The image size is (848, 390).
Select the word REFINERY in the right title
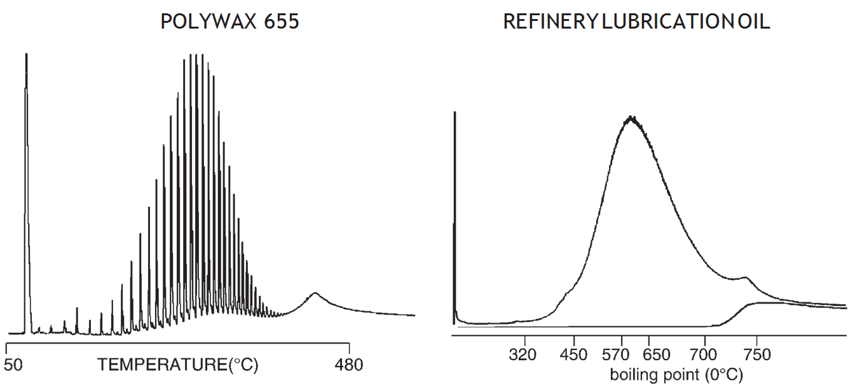[x=550, y=22]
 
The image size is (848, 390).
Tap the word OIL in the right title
[x=755, y=22]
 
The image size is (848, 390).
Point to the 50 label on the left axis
[x=13, y=365]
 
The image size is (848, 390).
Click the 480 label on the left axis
[x=348, y=365]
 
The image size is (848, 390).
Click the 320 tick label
[x=523, y=354]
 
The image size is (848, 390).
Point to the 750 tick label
[x=756, y=354]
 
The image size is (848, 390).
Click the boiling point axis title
[x=676, y=374]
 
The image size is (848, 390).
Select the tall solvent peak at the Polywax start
[x=26, y=57]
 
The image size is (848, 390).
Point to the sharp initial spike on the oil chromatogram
[x=455, y=114]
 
